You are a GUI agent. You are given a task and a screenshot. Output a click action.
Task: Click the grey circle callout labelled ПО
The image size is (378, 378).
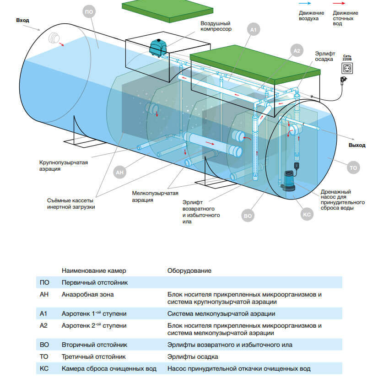click(x=89, y=12)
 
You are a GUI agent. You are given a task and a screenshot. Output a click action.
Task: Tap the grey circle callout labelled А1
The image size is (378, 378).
click(x=254, y=30)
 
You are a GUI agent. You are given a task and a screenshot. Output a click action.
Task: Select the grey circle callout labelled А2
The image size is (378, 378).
click(x=297, y=51)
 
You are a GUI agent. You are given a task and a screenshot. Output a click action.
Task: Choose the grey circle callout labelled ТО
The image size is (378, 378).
click(x=353, y=168)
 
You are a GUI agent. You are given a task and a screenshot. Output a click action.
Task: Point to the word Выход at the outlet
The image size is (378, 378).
click(x=356, y=145)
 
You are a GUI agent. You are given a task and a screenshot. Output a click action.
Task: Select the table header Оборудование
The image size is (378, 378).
click(x=189, y=270)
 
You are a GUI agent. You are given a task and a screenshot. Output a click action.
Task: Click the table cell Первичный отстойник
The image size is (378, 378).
click(x=94, y=283)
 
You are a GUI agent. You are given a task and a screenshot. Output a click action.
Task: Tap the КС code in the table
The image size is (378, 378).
click(x=44, y=368)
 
